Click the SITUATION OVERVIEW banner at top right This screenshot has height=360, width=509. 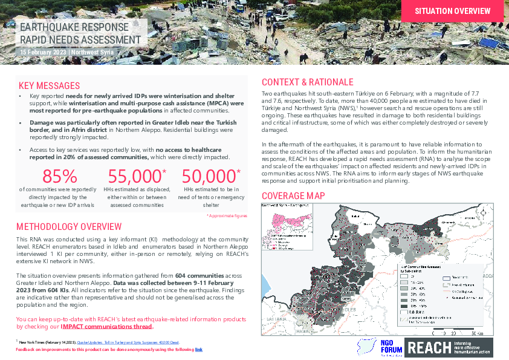pos(452,11)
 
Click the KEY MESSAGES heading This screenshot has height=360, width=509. pos(49,85)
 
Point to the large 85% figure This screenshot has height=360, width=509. pos(59,176)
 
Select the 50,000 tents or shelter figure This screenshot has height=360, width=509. pos(209,176)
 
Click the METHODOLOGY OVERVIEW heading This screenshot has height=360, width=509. pos(70,227)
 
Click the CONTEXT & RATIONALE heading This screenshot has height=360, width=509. pos(307,82)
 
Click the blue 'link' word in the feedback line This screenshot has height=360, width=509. pos(198,350)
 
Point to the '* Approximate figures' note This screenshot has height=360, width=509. pos(227,215)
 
